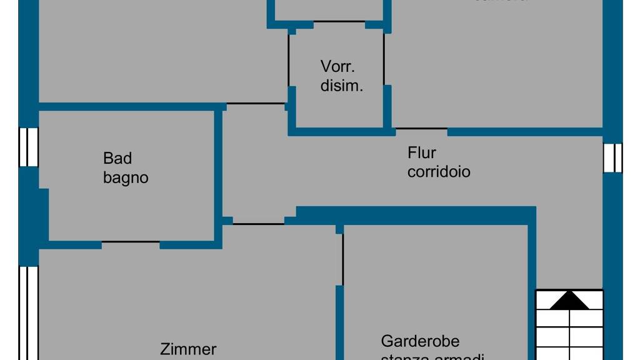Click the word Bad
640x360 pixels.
tap(117, 159)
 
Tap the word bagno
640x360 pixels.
tap(126, 177)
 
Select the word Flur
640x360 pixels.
tap(422, 152)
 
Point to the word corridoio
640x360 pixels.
tap(439, 171)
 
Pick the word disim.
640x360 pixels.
tap(342, 86)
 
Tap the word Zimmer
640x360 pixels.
tap(188, 349)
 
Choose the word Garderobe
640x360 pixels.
tap(420, 341)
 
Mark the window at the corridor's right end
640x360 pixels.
tap(612, 157)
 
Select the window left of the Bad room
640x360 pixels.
tap(28, 147)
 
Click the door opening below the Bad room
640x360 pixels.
tap(131, 242)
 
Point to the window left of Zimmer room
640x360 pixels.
tap(28, 312)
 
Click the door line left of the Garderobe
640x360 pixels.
tap(342, 259)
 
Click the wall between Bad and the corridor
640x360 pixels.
tap(219, 175)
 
